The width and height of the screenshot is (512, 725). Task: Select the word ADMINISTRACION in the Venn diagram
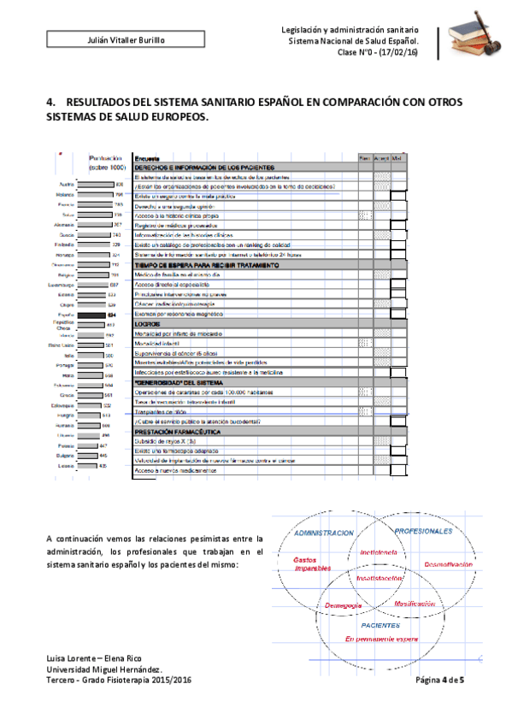pos(323,533)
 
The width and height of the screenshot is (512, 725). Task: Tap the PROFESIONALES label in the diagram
pos(423,531)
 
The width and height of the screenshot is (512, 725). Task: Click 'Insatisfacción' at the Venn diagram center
pos(380,578)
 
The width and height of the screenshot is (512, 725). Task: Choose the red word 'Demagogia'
pos(344,605)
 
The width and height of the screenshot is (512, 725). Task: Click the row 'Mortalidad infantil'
pos(162,343)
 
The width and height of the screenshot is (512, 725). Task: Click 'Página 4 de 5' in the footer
pos(439,680)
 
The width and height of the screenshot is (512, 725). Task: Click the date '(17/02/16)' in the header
pos(399,51)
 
